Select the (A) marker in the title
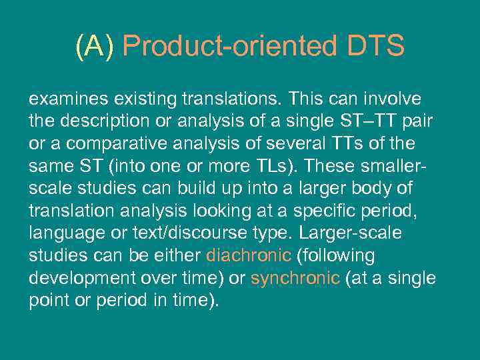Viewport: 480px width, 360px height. (95, 47)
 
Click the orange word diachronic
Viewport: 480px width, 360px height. (249, 256)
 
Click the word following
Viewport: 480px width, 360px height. (336, 256)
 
